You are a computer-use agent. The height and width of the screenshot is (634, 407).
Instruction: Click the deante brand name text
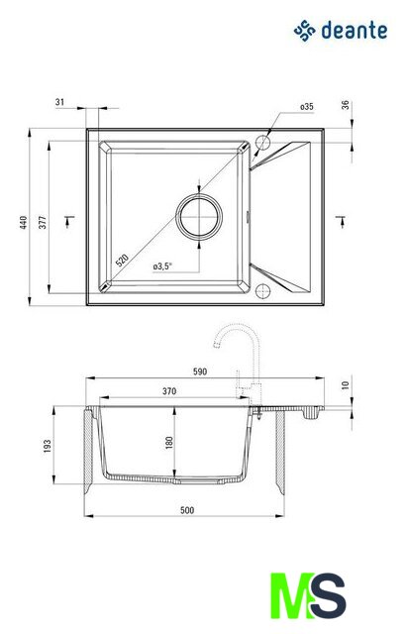click(355, 31)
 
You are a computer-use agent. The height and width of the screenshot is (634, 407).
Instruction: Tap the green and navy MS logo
click(308, 595)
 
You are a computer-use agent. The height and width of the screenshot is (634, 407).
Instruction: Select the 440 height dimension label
click(24, 222)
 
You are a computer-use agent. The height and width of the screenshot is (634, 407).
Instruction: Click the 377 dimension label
click(43, 222)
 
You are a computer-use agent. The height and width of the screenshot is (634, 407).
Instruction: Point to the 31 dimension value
click(59, 102)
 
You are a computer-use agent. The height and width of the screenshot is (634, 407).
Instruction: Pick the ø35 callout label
click(307, 107)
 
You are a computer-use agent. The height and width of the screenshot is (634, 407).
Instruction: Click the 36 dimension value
click(346, 105)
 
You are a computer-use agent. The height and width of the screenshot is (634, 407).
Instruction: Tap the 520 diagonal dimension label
click(122, 261)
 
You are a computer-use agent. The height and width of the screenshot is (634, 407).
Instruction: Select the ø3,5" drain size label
click(162, 266)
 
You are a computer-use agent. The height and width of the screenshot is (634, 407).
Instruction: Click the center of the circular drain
click(199, 217)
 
